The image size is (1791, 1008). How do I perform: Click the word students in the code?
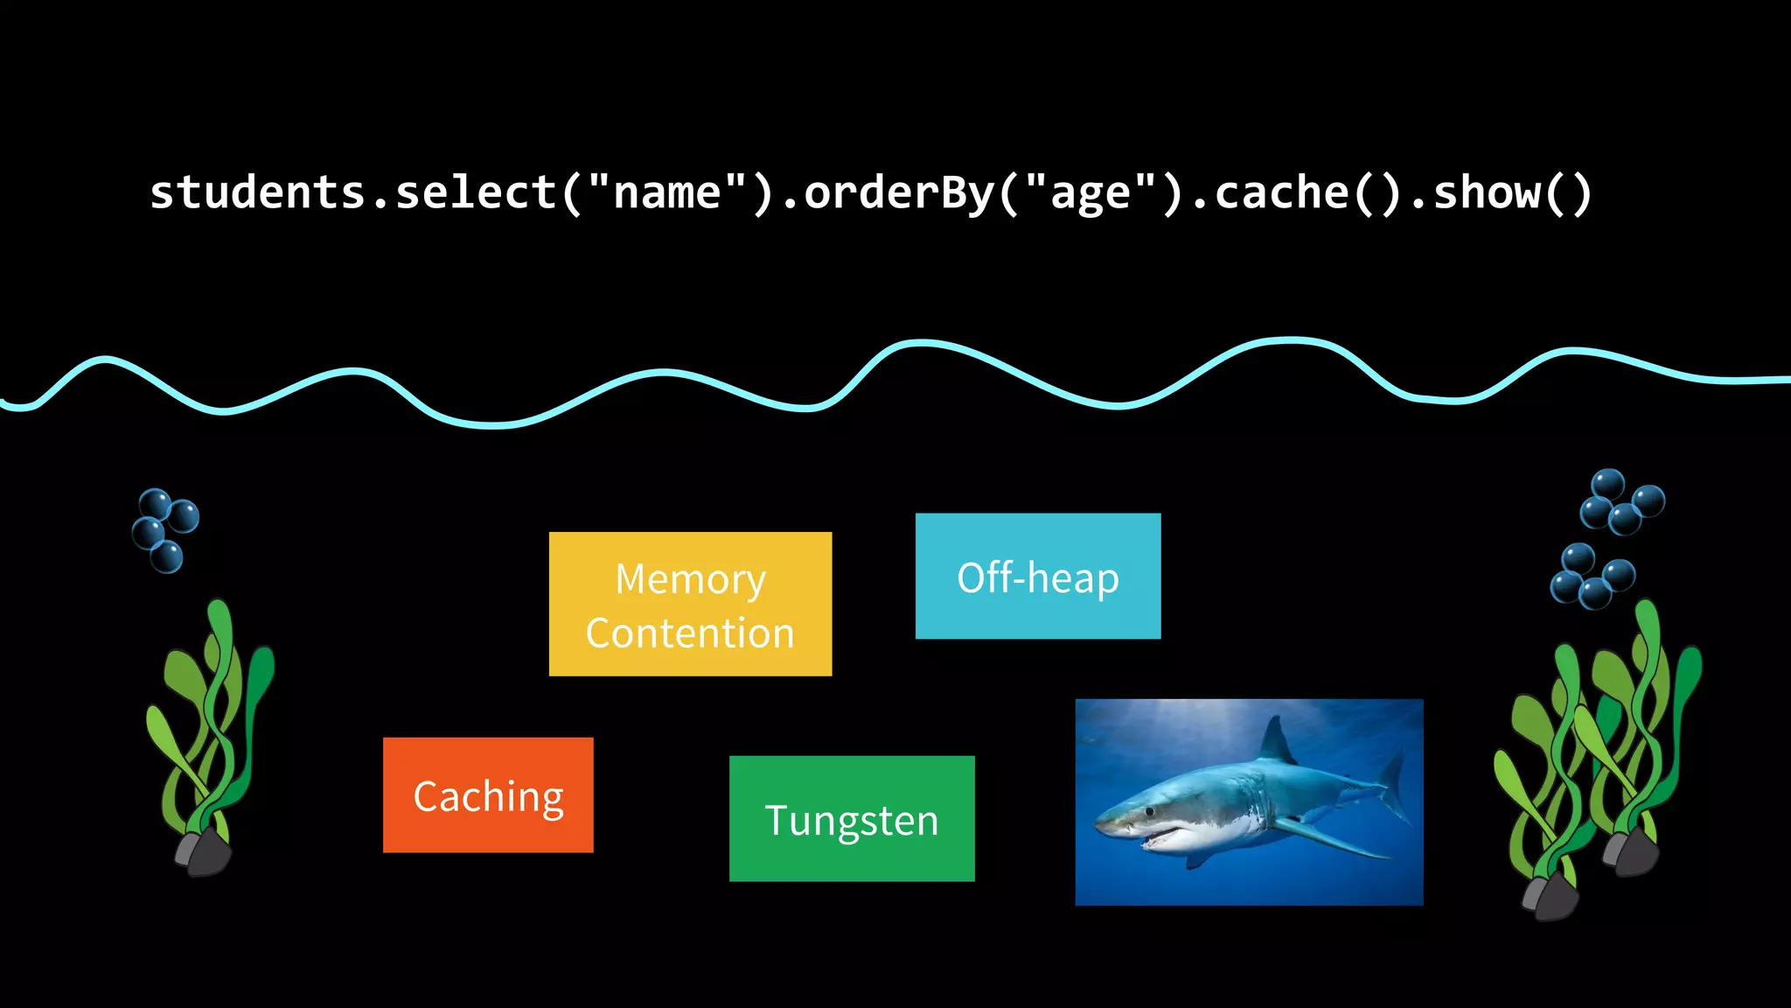pyautogui.click(x=257, y=192)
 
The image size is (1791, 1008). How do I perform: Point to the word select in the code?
pyautogui.click(x=476, y=192)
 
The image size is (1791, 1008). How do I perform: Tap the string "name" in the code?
pyautogui.click(x=667, y=192)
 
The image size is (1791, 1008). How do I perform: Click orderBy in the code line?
pyautogui.click(x=898, y=192)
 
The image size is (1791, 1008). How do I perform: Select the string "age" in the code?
pyautogui.click(x=1091, y=194)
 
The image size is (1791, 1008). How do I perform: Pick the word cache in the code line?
pyautogui.click(x=1281, y=192)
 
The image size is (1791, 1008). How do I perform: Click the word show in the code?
pyautogui.click(x=1487, y=192)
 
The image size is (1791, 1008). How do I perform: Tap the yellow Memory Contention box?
pyautogui.click(x=690, y=604)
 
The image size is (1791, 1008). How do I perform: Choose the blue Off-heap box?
pyautogui.click(x=1038, y=576)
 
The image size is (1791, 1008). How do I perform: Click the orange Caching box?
pyautogui.click(x=488, y=794)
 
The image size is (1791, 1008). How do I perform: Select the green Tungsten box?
pyautogui.click(x=852, y=818)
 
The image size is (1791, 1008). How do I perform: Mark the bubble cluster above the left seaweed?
pyautogui.click(x=164, y=529)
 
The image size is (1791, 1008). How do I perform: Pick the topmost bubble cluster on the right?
pyautogui.click(x=1620, y=501)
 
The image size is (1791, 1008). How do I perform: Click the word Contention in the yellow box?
pyautogui.click(x=690, y=633)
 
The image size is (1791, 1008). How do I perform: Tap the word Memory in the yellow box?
pyautogui.click(x=690, y=579)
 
